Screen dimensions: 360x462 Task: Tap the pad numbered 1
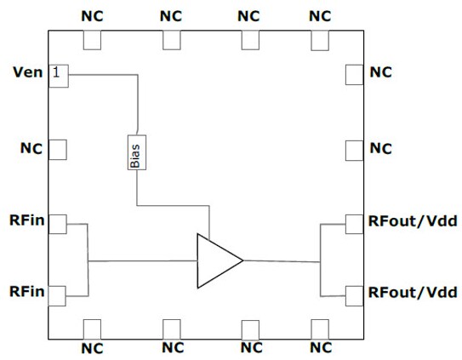(57, 74)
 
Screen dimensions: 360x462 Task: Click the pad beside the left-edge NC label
(57, 150)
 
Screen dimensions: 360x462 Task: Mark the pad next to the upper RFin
(57, 224)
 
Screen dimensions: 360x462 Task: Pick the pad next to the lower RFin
(57, 295)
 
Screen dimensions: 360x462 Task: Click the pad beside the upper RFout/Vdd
(354, 224)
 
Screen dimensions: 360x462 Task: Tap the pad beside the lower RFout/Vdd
(354, 295)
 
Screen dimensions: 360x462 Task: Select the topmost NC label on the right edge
(381, 74)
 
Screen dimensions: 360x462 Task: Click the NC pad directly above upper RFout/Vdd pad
(354, 150)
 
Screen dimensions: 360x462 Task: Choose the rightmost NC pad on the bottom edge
(320, 329)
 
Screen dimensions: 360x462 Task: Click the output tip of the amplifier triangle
(243, 260)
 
